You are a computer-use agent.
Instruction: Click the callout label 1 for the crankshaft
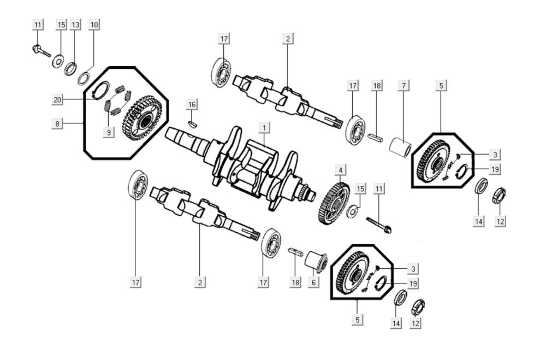click(264, 128)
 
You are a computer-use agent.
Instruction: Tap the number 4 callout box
click(340, 171)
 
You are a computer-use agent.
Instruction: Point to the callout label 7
click(403, 85)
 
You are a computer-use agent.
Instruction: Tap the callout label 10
click(94, 25)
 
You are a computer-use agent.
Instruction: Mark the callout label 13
click(75, 25)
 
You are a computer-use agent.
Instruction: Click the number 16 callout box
click(191, 104)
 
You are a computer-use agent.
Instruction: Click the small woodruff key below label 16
click(191, 123)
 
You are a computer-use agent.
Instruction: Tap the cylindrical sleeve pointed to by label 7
click(400, 147)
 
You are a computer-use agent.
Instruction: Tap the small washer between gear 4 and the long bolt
click(353, 210)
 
